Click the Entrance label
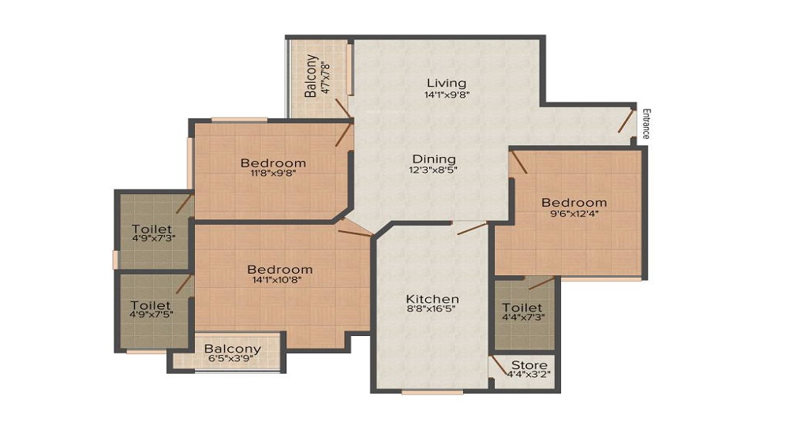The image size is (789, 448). tap(646, 124)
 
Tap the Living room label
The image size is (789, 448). tap(447, 83)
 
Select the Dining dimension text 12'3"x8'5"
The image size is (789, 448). tap(432, 170)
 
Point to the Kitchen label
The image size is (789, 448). tap(432, 299)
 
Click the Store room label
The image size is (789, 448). tap(529, 365)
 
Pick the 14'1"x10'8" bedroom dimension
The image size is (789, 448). tap(277, 280)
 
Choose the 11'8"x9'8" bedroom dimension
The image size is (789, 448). tap(273, 174)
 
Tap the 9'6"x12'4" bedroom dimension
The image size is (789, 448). tap(574, 213)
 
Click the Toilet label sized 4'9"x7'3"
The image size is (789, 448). tap(151, 230)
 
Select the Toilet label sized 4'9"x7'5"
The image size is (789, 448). tap(151, 305)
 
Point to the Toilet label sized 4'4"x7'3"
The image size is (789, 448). tap(522, 308)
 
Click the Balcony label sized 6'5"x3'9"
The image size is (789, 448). tap(233, 349)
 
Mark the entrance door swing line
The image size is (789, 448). tap(626, 120)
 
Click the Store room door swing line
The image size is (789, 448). tap(499, 365)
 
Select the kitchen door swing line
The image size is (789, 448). tap(472, 228)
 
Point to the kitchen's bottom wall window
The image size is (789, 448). tap(432, 392)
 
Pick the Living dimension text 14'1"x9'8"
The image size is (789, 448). tap(447, 95)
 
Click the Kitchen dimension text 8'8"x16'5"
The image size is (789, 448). tap(431, 309)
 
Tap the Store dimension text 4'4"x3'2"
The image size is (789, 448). tap(529, 375)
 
